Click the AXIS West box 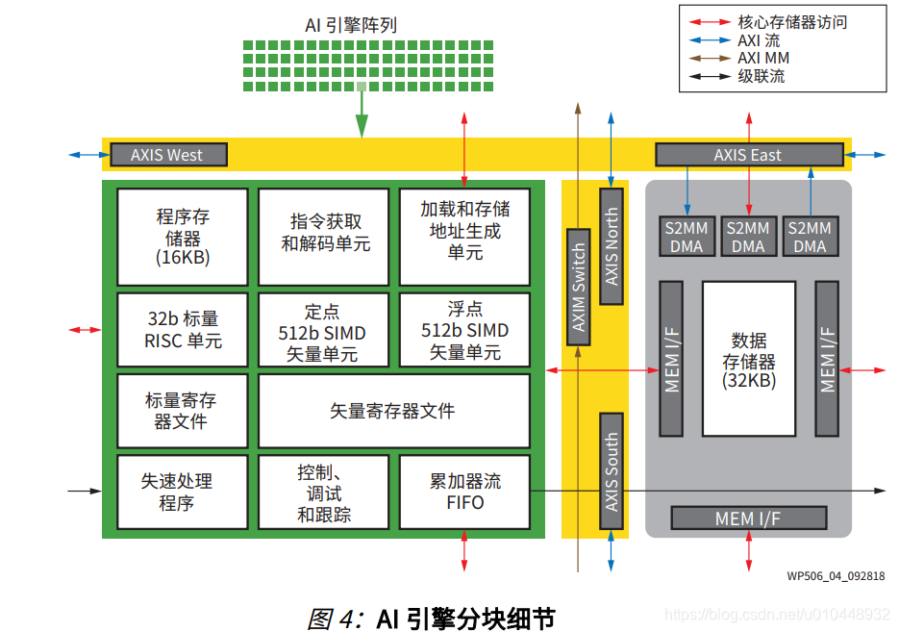(168, 154)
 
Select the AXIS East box (748, 154)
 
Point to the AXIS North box (612, 246)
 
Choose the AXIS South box (612, 470)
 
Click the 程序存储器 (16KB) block (183, 237)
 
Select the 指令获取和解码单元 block (324, 237)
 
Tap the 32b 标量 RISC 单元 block (183, 330)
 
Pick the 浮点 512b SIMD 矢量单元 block (464, 330)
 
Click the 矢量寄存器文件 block (393, 411)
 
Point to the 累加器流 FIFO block (464, 492)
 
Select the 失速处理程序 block (183, 492)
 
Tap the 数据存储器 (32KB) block (748, 359)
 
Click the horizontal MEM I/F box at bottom (748, 518)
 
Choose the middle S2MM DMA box (748, 237)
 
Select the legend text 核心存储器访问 (792, 21)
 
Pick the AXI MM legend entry (762, 58)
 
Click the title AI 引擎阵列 (350, 25)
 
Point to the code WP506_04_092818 (836, 576)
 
